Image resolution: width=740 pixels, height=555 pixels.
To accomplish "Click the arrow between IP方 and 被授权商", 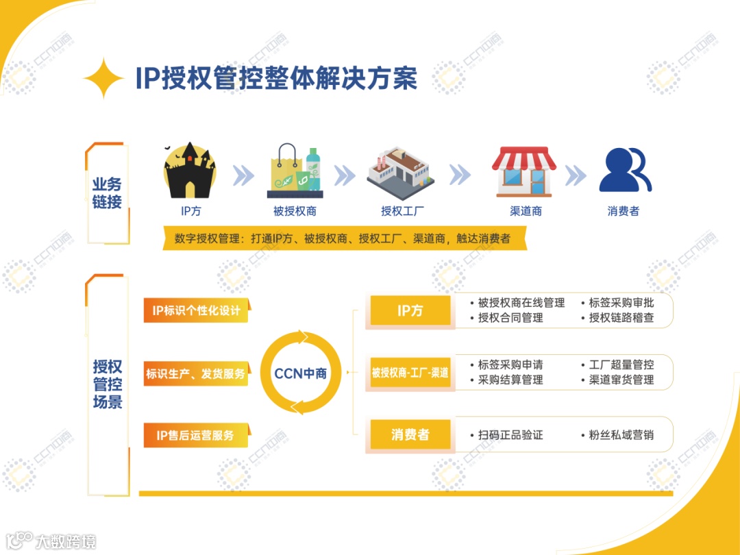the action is (243, 175).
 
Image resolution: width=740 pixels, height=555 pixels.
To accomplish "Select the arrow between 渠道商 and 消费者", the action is (576, 175).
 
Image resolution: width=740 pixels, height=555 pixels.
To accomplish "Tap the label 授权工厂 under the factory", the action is (401, 211).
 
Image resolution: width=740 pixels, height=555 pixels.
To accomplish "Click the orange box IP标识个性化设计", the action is (197, 310).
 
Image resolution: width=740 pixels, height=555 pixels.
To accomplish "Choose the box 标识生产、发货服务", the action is (196, 374).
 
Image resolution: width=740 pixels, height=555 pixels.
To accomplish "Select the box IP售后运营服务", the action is (196, 435).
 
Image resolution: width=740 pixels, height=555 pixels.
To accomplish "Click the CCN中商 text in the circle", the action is (300, 373).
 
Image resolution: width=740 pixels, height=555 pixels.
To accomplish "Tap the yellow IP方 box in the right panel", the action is (410, 310).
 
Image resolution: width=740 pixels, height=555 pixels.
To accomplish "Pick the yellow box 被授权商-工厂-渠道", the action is (410, 373).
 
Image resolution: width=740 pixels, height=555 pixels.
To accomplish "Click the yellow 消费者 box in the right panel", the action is (410, 434).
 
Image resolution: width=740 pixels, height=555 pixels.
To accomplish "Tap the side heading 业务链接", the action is (107, 193).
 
